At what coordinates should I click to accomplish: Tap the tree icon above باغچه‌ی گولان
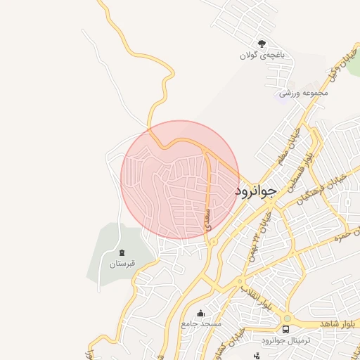tap(262, 44)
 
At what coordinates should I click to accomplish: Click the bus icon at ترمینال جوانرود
tap(286, 328)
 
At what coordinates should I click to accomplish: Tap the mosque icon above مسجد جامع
tap(201, 314)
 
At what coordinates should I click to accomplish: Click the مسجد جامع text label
tap(201, 324)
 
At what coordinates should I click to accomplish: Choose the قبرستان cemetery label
tap(120, 264)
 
